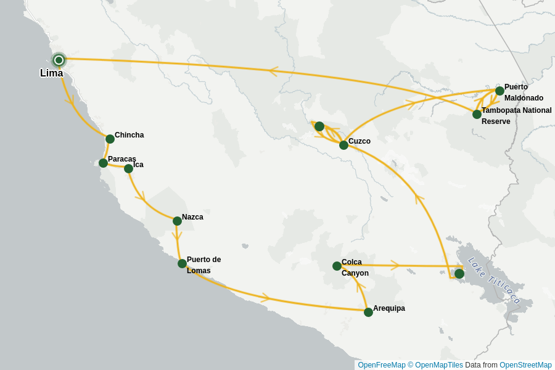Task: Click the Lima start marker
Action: tap(59, 60)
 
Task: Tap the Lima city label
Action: tap(51, 73)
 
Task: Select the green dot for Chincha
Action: tap(110, 139)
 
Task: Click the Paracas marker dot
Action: tap(103, 163)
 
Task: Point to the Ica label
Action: tap(138, 165)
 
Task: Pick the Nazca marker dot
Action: tap(177, 221)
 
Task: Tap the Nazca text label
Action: tap(192, 217)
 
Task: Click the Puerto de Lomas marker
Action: tap(182, 263)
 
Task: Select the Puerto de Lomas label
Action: tap(203, 265)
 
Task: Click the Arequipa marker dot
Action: tap(368, 312)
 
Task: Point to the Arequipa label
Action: tap(389, 308)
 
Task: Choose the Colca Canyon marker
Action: tap(337, 266)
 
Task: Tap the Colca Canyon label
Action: tap(355, 268)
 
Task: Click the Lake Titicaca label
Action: tap(494, 281)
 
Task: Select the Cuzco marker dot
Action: tap(343, 145)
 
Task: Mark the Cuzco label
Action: tap(360, 141)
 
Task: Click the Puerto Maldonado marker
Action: tap(499, 91)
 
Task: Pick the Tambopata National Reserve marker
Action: tap(477, 114)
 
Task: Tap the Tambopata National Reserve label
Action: tap(516, 116)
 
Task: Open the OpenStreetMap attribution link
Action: tap(525, 365)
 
